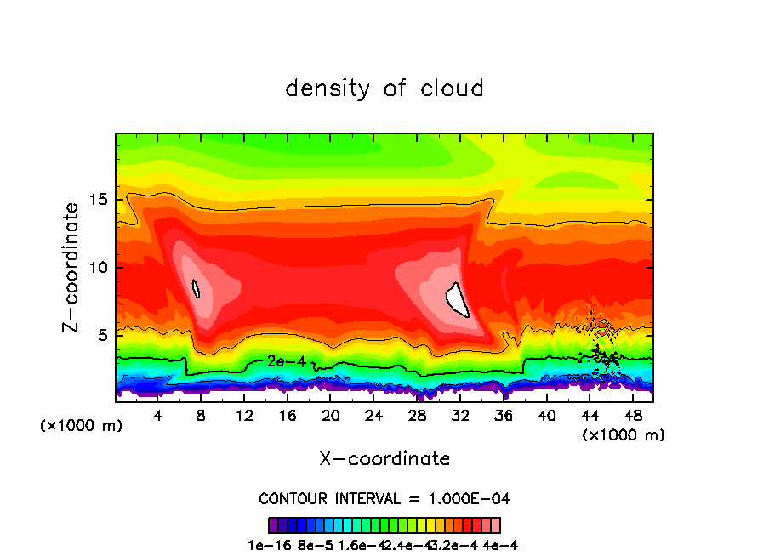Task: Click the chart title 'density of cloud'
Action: (384, 88)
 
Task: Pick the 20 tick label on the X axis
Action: (330, 415)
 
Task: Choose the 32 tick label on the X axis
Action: (459, 415)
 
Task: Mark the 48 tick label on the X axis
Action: (631, 415)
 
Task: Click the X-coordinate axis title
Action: (384, 459)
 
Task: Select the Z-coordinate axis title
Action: (71, 267)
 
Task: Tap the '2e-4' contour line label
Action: (287, 361)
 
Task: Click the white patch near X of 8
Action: (196, 289)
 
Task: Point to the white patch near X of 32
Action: (458, 298)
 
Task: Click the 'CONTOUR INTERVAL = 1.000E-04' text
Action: (384, 498)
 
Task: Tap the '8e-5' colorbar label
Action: (316, 546)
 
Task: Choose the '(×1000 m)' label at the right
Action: (624, 435)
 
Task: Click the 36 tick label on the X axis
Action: (503, 415)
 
